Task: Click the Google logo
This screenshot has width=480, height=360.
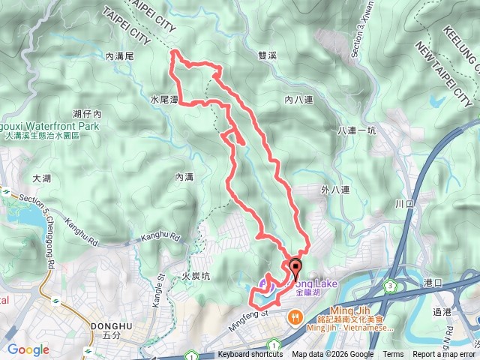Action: point(28,349)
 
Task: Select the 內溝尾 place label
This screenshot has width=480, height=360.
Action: point(119,55)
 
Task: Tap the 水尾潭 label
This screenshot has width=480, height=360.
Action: point(163,99)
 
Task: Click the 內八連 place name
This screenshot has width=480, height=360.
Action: point(298,98)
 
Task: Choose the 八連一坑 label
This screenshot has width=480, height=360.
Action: point(356,130)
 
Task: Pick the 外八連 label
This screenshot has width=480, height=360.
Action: point(334,190)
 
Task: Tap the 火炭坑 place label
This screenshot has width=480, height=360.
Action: point(196,276)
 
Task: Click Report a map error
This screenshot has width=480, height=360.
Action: point(444,355)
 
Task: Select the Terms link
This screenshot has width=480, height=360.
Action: point(393,355)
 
